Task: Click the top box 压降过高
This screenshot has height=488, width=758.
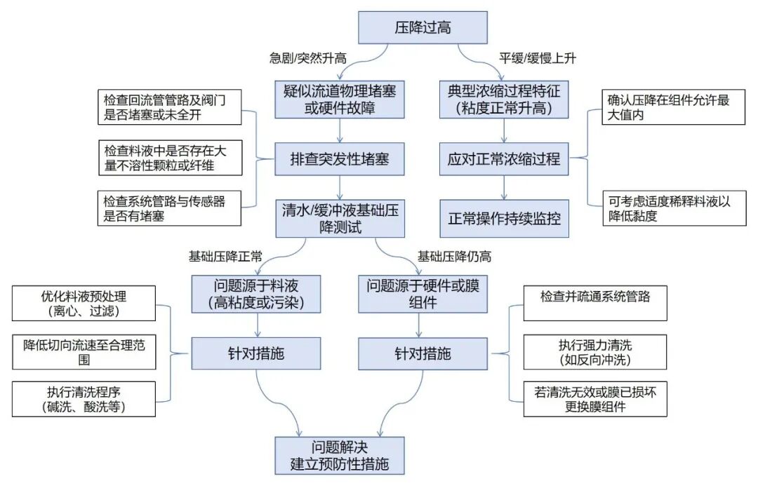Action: pos(423,27)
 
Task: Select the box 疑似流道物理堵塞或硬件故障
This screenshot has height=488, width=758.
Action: pos(340,99)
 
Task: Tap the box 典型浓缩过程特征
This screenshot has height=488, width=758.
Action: pos(504,99)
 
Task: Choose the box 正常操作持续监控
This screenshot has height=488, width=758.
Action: pos(504,219)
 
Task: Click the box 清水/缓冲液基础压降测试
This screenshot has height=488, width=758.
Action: pos(340,219)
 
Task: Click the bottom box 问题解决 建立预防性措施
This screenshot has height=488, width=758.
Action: pos(340,456)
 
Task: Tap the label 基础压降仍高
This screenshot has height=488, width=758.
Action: pos(454,257)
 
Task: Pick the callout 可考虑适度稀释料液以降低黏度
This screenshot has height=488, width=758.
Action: pos(674,208)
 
